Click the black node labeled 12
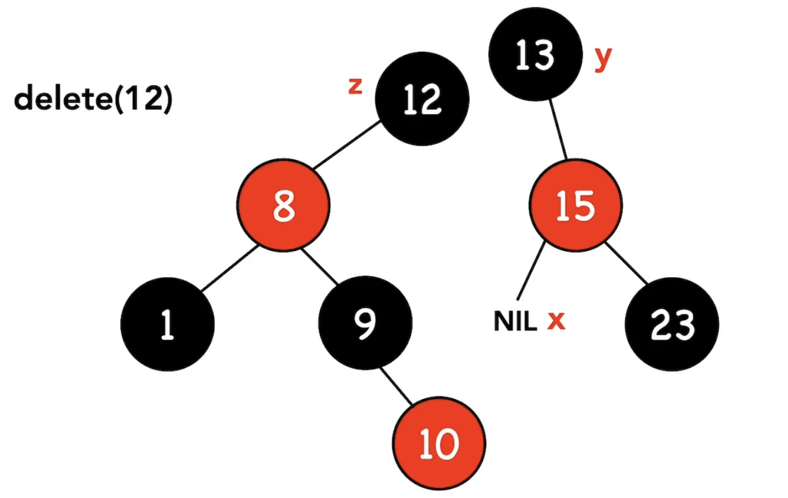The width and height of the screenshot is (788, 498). coord(422,99)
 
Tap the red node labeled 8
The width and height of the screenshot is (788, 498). coord(284,207)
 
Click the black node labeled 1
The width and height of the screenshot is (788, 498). coord(167,325)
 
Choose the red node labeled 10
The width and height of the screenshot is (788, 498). coord(439,444)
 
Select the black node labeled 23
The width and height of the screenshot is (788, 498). coord(672,325)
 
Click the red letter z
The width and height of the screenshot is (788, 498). coord(355,87)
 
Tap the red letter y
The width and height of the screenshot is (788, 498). coord(604,58)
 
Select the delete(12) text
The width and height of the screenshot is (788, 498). coord(93,99)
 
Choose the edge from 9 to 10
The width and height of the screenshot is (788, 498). coord(400,385)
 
